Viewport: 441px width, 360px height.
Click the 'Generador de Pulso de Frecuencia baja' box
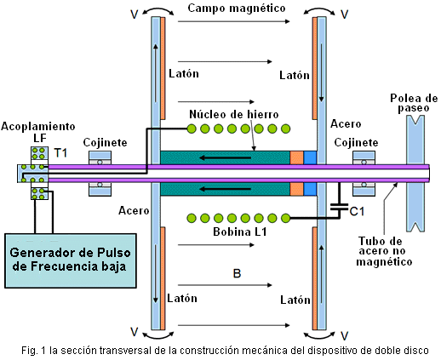coord(71,260)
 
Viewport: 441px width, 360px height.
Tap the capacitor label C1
coord(357,211)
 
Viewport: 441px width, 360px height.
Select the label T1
coord(60,153)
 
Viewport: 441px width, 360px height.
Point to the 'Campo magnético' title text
coord(237,9)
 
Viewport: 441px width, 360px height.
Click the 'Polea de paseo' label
coord(414,103)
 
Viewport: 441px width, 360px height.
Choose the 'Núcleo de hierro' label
coord(234,114)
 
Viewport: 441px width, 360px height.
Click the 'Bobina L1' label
coord(240,232)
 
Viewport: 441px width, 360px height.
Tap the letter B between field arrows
coord(237,274)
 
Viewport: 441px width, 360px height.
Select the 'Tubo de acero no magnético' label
coord(384,251)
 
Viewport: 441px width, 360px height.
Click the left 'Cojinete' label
coord(105,142)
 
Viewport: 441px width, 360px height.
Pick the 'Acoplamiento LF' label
coord(38,132)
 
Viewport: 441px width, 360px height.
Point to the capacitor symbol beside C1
coord(340,206)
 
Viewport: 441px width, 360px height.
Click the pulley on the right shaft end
coord(415,173)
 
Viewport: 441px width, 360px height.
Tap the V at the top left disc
coord(135,14)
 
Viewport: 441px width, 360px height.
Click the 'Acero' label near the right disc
coord(346,124)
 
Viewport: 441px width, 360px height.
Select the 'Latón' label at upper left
coord(184,74)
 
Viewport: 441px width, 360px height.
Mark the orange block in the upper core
coord(296,157)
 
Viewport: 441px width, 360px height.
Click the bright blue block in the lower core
coord(310,189)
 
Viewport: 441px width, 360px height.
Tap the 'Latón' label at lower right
coord(295,300)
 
